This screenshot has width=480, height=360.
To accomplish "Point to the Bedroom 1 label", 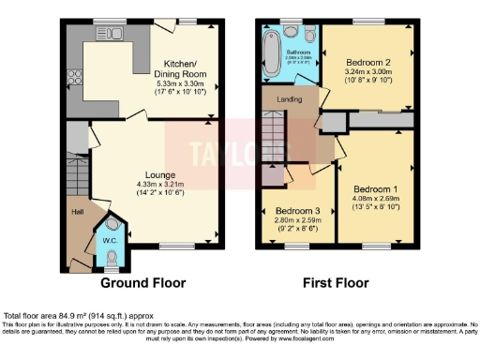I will click(374, 188).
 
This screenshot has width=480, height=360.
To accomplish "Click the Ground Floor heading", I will click(142, 282).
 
